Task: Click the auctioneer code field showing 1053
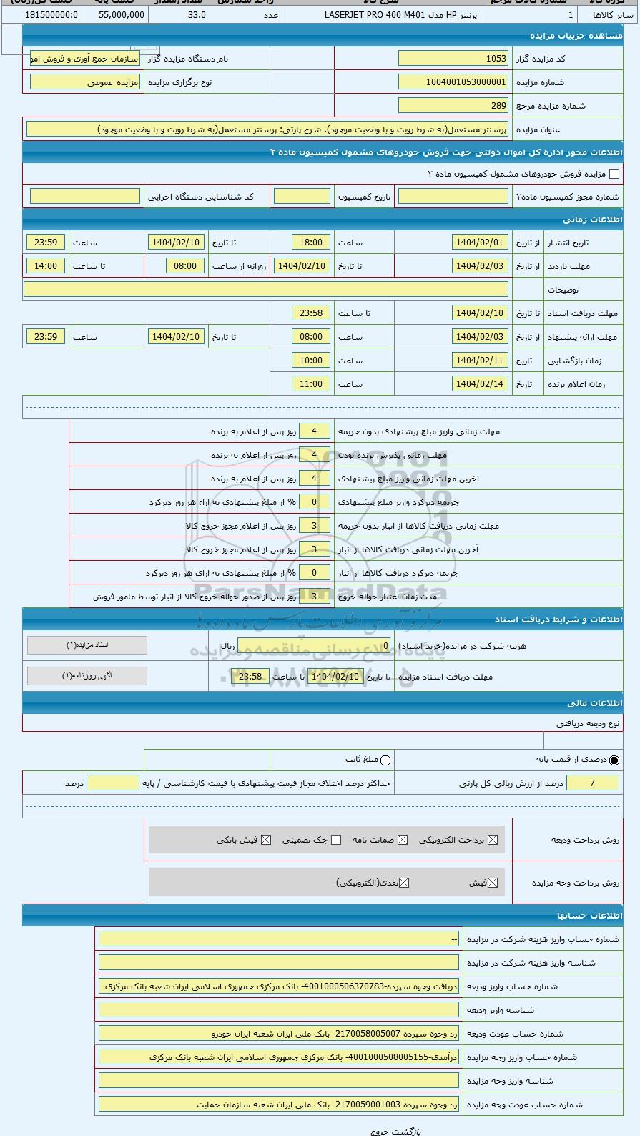(x=453, y=59)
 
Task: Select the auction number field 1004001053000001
(x=453, y=82)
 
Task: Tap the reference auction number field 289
(x=453, y=106)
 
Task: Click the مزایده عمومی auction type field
(x=85, y=82)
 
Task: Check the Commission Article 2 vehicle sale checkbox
(x=614, y=174)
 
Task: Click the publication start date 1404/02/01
(x=480, y=243)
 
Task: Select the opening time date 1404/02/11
(x=480, y=361)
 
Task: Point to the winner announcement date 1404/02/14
(x=480, y=384)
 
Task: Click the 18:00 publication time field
(x=311, y=243)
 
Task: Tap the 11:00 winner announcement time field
(x=311, y=384)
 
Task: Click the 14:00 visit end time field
(x=46, y=266)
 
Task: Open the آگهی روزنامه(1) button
(x=87, y=676)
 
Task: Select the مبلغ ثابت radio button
(x=385, y=760)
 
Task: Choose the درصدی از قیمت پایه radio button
(x=614, y=760)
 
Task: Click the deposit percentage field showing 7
(x=592, y=783)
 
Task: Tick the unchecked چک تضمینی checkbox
(x=336, y=840)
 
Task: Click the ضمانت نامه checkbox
(x=403, y=840)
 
